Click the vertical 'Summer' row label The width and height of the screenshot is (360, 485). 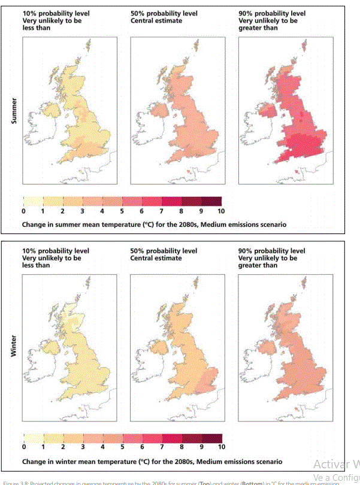[x=14, y=112]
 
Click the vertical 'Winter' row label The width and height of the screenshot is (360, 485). [x=14, y=348]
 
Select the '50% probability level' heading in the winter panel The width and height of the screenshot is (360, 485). [x=163, y=250]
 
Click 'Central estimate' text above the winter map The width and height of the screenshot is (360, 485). [x=155, y=257]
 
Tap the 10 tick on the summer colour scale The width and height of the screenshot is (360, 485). [x=221, y=211]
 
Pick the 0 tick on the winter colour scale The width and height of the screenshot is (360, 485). [x=23, y=447]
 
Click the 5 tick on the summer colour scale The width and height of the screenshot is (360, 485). [x=122, y=211]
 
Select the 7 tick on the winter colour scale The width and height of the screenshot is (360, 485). [x=162, y=447]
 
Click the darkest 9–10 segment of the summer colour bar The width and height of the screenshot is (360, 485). [x=211, y=201]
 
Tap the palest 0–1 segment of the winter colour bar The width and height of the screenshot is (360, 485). [x=33, y=438]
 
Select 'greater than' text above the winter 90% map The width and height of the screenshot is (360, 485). [x=259, y=265]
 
